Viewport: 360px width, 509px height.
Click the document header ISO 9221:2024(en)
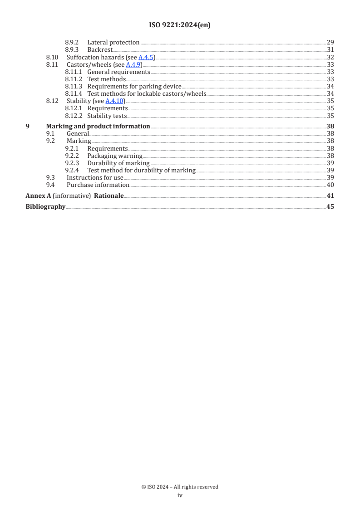pyautogui.click(x=180, y=25)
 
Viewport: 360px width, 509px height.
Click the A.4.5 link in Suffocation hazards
pyautogui.click(x=146, y=57)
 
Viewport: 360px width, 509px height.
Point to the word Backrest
pyautogui.click(x=100, y=50)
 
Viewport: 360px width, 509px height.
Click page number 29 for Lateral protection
pyautogui.click(x=330, y=43)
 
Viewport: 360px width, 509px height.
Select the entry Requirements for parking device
pyautogui.click(x=134, y=86)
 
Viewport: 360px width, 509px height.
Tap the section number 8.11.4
pyautogui.click(x=73, y=93)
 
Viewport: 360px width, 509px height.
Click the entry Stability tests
pyautogui.click(x=107, y=116)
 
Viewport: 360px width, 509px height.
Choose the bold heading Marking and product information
pyautogui.click(x=98, y=127)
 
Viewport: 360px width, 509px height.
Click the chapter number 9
pyautogui.click(x=28, y=127)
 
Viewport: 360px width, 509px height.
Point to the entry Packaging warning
pyautogui.click(x=115, y=156)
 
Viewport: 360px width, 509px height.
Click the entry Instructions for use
pyautogui.click(x=95, y=177)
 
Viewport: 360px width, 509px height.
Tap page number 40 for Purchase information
pyautogui.click(x=330, y=185)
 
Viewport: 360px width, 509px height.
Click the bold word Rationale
pyautogui.click(x=108, y=196)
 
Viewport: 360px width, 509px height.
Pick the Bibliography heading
pyautogui.click(x=45, y=207)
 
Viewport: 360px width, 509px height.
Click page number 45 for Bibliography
pyautogui.click(x=330, y=207)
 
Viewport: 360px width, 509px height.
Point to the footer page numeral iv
pyautogui.click(x=180, y=495)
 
